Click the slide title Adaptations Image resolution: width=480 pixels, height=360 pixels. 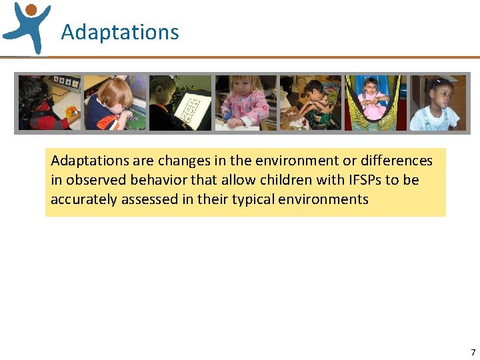(x=120, y=32)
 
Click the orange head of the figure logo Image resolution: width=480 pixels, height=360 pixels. (x=30, y=9)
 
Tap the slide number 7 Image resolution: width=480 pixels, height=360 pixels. (x=473, y=352)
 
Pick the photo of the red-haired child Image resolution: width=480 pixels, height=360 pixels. (x=115, y=103)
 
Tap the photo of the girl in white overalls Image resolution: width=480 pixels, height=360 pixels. (x=438, y=103)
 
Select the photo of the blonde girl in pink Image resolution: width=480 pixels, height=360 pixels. (x=245, y=103)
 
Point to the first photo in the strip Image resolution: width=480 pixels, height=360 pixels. (x=49, y=103)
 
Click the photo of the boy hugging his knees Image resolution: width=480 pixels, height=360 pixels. (x=310, y=103)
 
